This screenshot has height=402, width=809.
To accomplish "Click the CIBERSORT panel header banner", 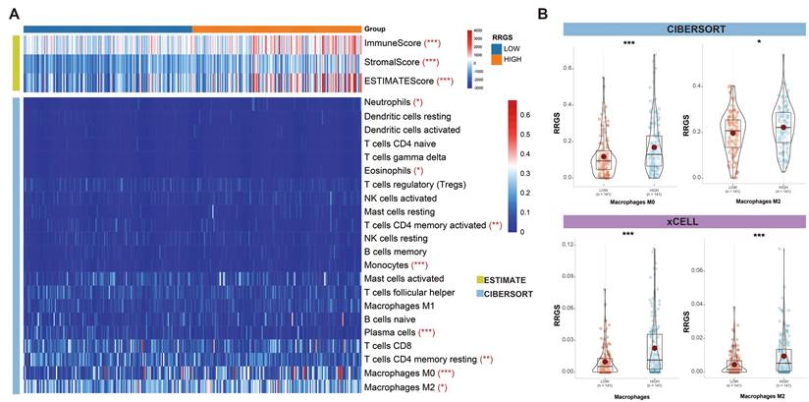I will point(683,29).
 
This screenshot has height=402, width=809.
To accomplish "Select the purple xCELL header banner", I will point(683,221).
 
